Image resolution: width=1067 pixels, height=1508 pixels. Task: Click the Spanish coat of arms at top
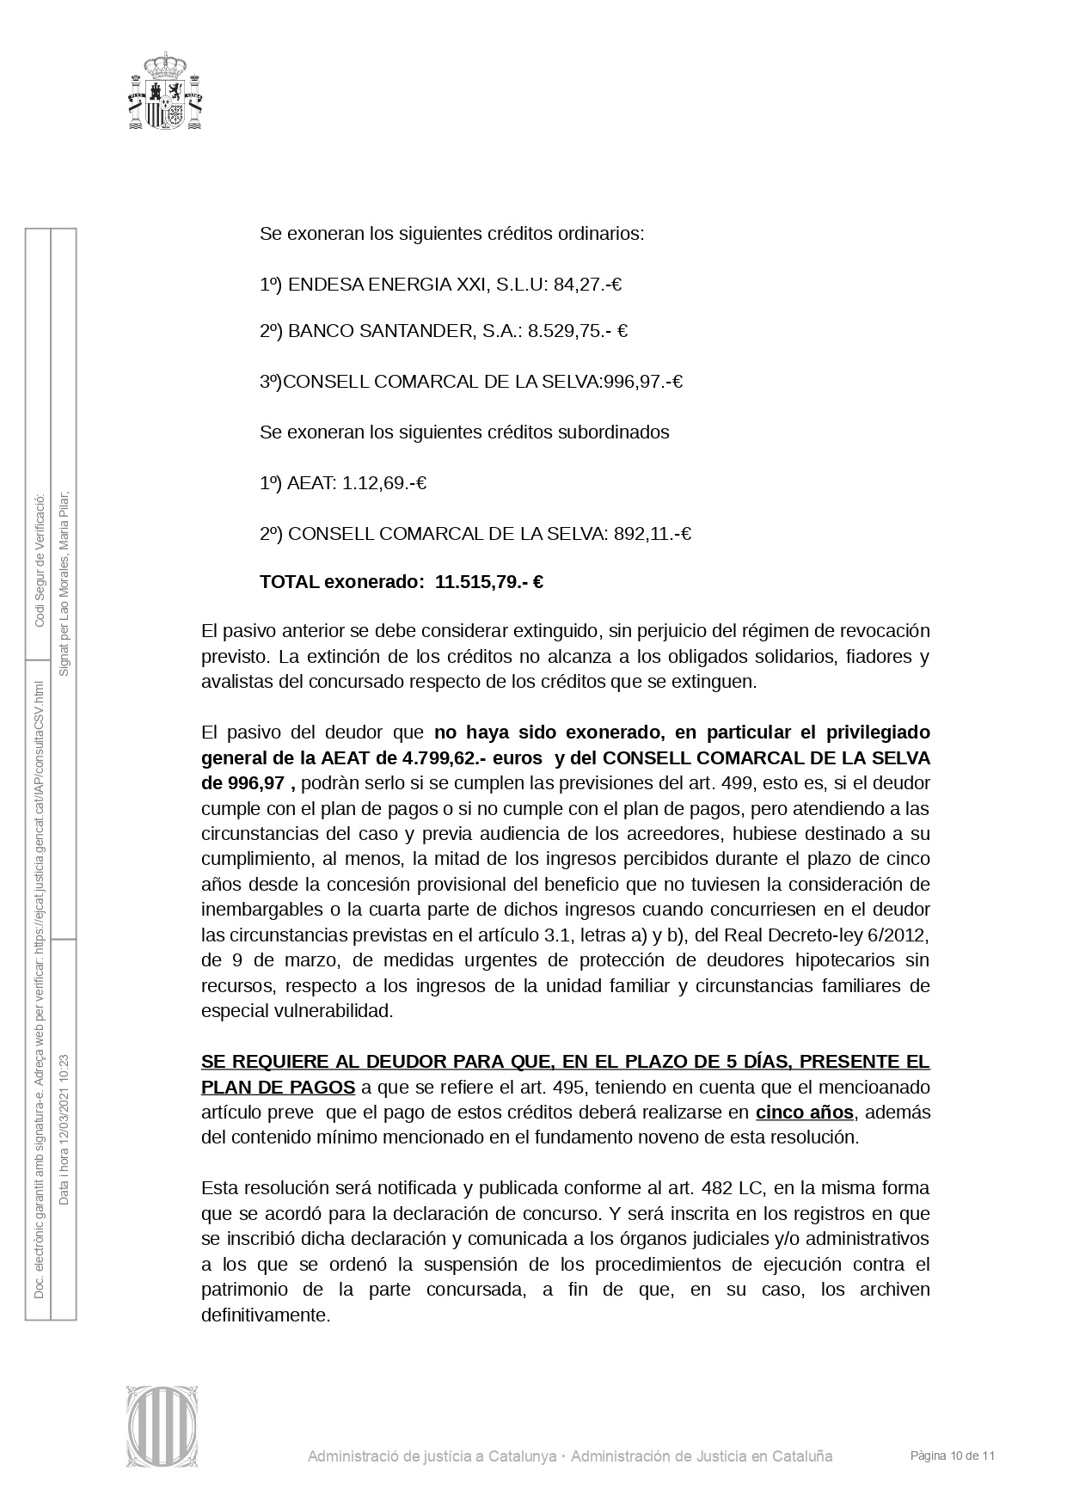[x=166, y=90]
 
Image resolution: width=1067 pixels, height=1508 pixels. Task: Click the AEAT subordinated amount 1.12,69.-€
[x=384, y=483]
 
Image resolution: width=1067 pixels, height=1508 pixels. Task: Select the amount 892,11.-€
[x=653, y=534]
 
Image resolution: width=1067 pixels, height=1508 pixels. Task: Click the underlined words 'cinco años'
[x=804, y=1113]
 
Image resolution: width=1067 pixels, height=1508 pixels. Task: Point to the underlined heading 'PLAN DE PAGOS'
[x=278, y=1088]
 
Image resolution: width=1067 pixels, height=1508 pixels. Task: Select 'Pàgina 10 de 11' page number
[x=953, y=1456]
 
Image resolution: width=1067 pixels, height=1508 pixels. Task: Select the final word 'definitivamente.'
[x=266, y=1315]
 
